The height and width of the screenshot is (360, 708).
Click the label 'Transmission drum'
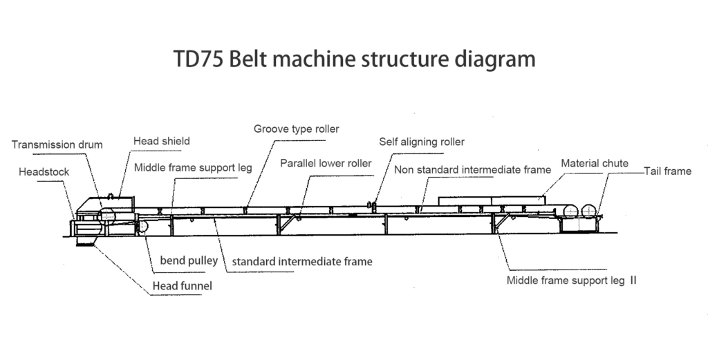57,145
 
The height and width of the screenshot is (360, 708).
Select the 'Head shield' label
161,142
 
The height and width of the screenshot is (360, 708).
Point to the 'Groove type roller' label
296,129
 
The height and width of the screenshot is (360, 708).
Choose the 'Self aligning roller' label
422,142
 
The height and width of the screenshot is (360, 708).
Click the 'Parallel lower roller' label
326,164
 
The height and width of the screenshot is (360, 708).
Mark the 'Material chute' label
595,164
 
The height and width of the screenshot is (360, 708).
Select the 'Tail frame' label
667,171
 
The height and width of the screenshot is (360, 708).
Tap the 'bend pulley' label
189,260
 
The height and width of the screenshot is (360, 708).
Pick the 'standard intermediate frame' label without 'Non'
302,262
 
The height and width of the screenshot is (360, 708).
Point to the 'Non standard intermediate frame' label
472,169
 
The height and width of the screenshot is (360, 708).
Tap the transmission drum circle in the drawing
108,214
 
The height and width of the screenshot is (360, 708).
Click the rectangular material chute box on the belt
492,201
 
